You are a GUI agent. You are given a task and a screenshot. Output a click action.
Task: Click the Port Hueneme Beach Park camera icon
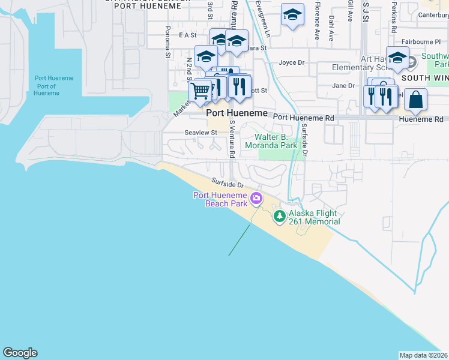256,198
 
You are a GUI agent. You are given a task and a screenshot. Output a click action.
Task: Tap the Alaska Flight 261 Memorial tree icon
279,216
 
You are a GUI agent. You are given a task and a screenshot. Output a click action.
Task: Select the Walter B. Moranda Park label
272,141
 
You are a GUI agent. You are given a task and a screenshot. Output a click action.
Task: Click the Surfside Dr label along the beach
228,182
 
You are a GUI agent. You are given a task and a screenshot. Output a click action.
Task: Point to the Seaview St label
200,133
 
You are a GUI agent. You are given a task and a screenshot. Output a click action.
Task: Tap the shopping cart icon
200,91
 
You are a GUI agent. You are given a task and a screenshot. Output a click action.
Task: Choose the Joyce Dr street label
292,62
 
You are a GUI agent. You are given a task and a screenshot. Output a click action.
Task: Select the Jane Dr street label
343,86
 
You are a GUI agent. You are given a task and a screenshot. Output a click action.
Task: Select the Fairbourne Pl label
421,42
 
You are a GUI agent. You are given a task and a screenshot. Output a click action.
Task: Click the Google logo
20,353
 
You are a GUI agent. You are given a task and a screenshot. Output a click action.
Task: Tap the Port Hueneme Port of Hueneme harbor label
53,86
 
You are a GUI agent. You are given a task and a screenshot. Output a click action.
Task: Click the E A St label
188,35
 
